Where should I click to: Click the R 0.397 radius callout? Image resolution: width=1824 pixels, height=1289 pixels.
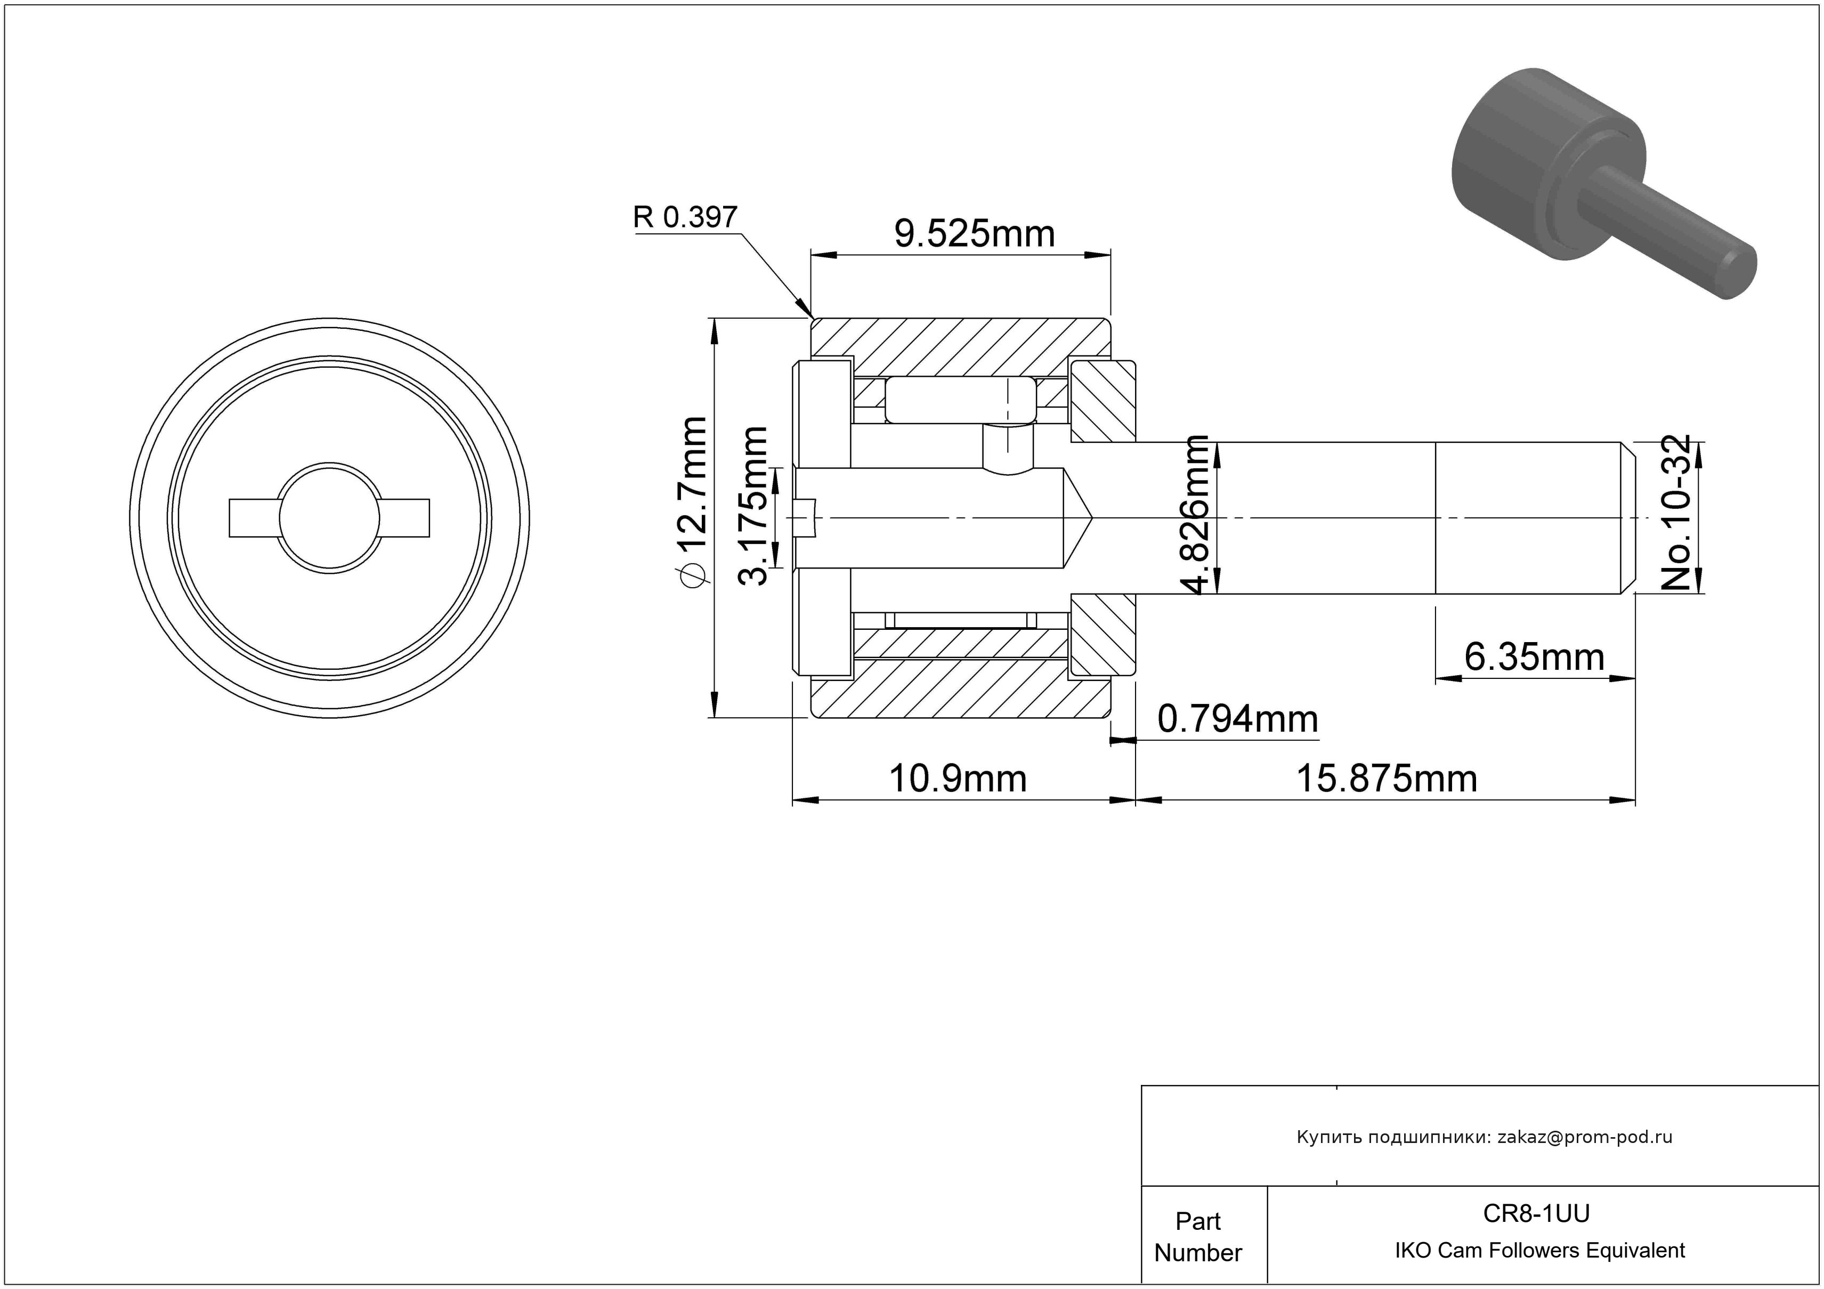click(685, 217)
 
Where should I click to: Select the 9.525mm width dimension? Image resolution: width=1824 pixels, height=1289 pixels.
click(975, 233)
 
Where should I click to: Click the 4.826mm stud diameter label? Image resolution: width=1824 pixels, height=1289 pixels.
click(1196, 515)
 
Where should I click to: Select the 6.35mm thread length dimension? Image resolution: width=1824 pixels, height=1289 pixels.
click(1534, 657)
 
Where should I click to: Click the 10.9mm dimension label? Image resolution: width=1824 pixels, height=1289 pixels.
click(957, 779)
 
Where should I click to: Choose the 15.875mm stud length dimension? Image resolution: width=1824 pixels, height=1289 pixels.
click(1387, 779)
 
